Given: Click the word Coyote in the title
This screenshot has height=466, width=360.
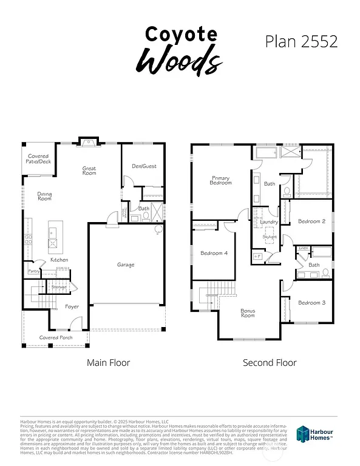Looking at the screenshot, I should click(180, 34).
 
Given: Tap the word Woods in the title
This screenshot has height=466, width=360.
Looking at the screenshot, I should click(178, 60).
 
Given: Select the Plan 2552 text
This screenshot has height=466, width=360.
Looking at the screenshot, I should click(301, 41).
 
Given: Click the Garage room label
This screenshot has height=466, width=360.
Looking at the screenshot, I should click(126, 265).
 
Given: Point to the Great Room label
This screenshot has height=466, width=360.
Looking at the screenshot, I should click(89, 171).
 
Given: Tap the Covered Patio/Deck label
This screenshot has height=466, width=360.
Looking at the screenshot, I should click(38, 159).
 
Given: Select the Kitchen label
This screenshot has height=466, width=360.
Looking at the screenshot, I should click(59, 260).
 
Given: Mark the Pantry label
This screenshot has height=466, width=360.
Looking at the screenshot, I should click(33, 271).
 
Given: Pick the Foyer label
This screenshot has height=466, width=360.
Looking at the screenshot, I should click(72, 306).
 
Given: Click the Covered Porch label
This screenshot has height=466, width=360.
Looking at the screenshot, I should click(56, 337).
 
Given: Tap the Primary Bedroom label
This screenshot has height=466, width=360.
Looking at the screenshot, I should click(220, 180).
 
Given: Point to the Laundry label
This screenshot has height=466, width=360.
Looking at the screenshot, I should click(268, 222).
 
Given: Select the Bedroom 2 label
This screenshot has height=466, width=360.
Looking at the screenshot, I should click(311, 221).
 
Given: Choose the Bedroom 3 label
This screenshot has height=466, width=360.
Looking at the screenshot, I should click(311, 302).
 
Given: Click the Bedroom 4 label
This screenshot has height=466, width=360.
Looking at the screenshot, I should click(214, 253).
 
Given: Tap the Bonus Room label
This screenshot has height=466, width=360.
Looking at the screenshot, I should click(248, 313).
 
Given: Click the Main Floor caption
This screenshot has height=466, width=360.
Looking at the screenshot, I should click(108, 363).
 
